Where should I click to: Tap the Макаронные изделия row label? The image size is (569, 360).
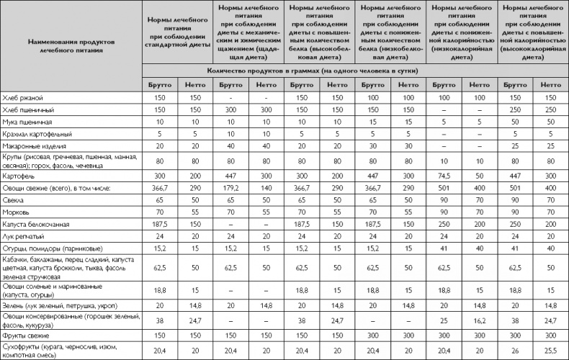point(37,145)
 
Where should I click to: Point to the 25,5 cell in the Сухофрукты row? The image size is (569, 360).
point(550,349)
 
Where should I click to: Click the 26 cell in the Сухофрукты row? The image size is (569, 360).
point(514,349)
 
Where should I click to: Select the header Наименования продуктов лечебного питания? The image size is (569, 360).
point(71,47)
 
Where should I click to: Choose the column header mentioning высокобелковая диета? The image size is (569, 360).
point(320,32)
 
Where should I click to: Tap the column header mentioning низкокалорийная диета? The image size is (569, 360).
point(462,32)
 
